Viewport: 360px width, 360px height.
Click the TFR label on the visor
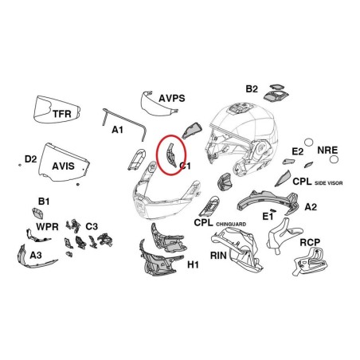coord(62,114)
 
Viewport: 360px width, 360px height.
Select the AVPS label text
coord(172,98)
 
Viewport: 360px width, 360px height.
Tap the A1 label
coord(117,130)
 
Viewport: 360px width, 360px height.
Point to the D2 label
coord(30,159)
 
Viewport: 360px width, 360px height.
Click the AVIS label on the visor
coord(63,166)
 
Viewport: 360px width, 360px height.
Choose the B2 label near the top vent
coord(252,88)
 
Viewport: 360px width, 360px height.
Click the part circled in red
coord(170,155)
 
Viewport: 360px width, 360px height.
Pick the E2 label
coord(298,151)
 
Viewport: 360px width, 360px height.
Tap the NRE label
coord(327,150)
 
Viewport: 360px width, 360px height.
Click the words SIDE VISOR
coord(329,183)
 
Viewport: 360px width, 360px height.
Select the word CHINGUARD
coord(231,225)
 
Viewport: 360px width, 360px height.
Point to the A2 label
coord(311,207)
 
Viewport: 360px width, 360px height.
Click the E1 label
coord(268,217)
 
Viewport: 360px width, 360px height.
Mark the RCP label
coord(310,242)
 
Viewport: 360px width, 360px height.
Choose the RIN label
coord(218,256)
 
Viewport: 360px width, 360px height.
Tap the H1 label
coord(193,264)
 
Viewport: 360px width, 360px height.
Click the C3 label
coord(92,226)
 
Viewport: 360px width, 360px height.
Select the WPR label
coord(47,227)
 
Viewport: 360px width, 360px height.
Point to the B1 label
coord(44,202)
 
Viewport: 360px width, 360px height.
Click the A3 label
coord(36,255)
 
